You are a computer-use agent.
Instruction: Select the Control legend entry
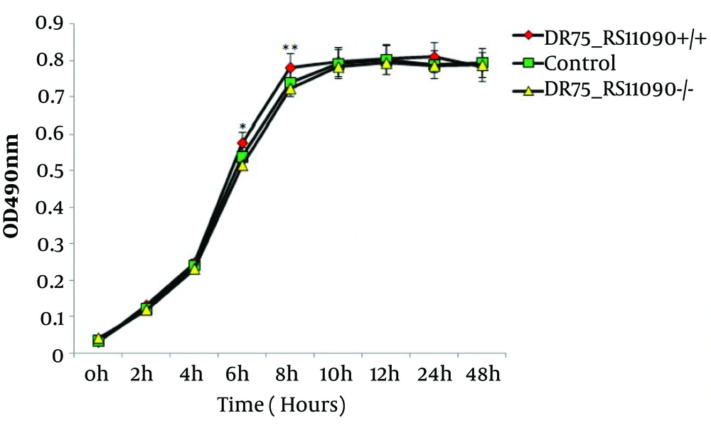[579, 63]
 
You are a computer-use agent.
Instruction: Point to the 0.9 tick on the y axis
[49, 23]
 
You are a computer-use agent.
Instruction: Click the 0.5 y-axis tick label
[49, 170]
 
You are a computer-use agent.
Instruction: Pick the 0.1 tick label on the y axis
[49, 316]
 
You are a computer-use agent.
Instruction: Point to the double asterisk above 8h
[290, 48]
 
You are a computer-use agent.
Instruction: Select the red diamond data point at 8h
[290, 68]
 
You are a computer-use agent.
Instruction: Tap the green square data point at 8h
[290, 83]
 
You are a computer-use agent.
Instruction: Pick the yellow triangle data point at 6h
[242, 165]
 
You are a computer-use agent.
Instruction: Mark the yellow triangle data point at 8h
[290, 90]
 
